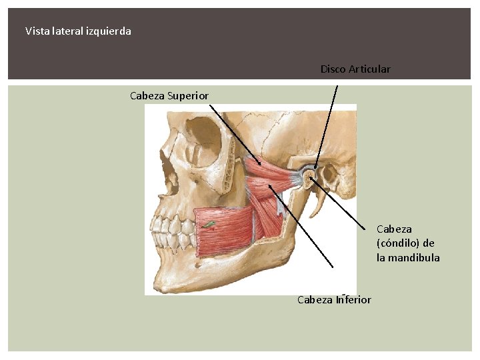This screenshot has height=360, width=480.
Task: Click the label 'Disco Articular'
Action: (x=355, y=69)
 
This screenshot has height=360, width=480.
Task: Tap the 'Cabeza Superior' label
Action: (x=169, y=96)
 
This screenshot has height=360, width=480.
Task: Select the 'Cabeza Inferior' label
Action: (x=334, y=299)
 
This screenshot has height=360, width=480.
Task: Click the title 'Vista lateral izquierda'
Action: (x=78, y=31)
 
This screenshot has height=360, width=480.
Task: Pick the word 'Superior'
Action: (x=188, y=96)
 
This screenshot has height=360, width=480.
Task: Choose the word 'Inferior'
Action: (x=353, y=299)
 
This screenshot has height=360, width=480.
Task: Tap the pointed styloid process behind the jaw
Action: (x=319, y=200)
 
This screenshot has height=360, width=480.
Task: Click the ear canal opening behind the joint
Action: (x=326, y=174)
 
